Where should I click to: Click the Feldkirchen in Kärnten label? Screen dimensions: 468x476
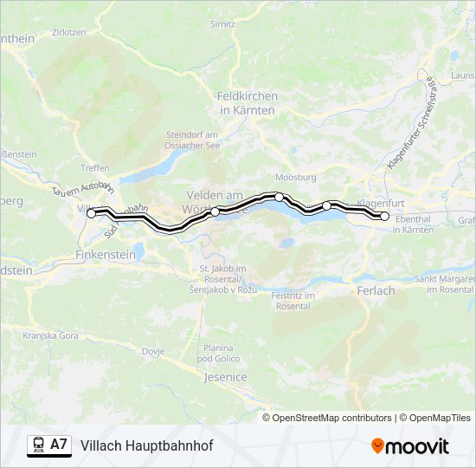247,104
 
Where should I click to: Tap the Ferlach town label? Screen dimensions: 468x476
376,291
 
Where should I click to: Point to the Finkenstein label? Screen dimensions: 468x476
106,255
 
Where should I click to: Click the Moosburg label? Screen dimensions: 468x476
300,177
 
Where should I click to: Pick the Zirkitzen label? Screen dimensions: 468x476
68,31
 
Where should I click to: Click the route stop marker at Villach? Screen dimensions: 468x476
91,213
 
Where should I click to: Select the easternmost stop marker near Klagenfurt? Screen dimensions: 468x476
385,216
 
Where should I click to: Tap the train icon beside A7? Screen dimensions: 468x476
38,445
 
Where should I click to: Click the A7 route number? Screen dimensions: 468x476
59,445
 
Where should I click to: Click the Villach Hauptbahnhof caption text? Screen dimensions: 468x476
146,445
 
